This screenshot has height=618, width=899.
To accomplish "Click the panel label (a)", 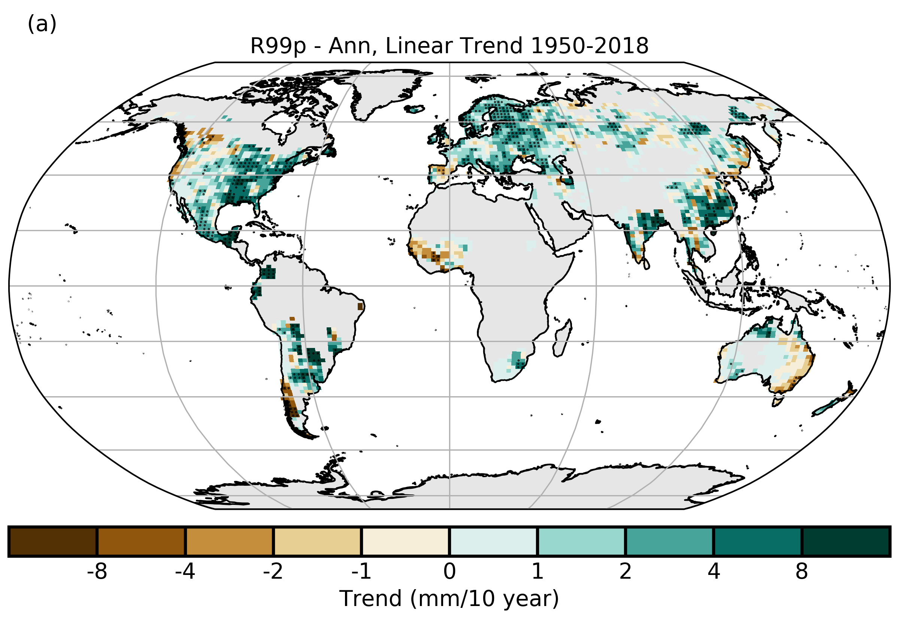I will click(x=42, y=24).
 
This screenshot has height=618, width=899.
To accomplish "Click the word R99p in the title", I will click(x=278, y=46).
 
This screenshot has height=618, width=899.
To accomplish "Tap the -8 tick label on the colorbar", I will click(x=97, y=572).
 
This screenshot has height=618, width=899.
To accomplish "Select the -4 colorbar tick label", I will click(x=185, y=572).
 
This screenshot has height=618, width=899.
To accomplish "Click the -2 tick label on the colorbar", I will click(x=273, y=572).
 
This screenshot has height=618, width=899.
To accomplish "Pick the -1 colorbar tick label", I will click(x=361, y=572).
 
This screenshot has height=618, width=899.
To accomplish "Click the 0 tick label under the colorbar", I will click(x=449, y=572).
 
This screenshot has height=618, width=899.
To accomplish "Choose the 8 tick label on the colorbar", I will click(x=802, y=572).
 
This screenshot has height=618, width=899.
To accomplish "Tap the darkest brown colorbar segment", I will click(x=53, y=541).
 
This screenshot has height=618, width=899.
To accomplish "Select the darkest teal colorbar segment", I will click(x=845, y=541).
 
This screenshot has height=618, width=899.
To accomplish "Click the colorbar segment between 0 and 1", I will click(x=493, y=541).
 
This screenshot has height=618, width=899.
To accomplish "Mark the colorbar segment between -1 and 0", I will click(x=405, y=541).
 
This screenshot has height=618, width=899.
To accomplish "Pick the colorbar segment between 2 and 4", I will click(x=669, y=541).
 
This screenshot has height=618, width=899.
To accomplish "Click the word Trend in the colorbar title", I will click(x=370, y=599).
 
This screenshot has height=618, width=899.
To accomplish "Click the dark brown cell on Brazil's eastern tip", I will click(x=360, y=306).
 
